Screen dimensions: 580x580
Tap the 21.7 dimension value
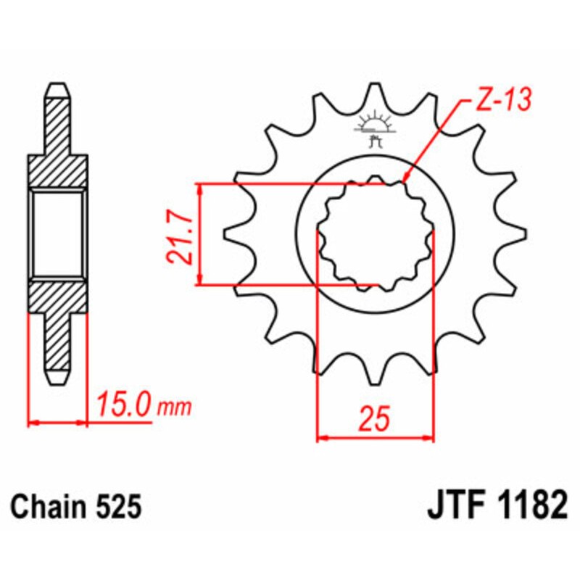[179, 233]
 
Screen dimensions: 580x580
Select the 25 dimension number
[375, 420]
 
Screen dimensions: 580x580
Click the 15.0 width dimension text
[125, 403]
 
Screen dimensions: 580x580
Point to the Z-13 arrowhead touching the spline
[405, 179]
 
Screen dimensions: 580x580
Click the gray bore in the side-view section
[58, 233]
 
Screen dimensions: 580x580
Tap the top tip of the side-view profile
[58, 86]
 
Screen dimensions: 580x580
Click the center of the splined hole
[376, 233]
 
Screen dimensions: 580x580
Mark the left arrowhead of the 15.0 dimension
[33, 420]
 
